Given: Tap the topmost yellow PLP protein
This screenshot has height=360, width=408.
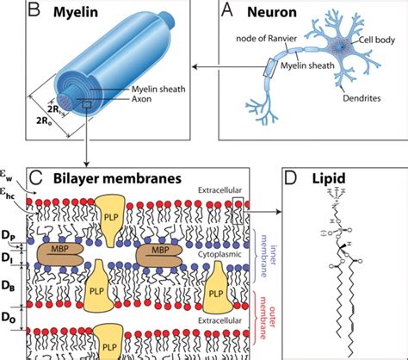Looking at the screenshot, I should click(111, 212).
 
